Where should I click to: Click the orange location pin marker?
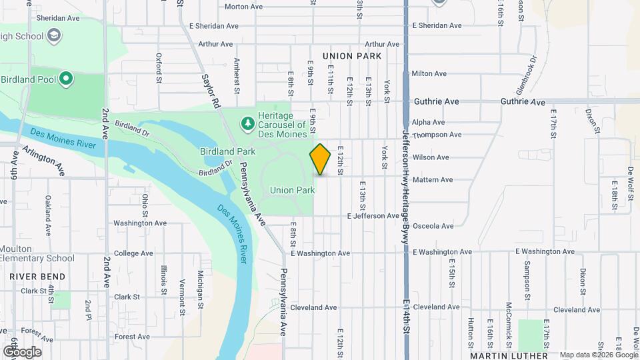click(x=320, y=159)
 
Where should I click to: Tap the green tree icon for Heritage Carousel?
click(x=247, y=123)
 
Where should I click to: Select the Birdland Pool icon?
click(x=65, y=79)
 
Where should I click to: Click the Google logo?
click(x=21, y=351)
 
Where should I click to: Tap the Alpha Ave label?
click(x=428, y=123)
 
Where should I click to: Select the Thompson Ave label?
click(x=437, y=135)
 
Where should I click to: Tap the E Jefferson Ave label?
click(x=373, y=216)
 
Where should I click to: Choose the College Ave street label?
click(x=134, y=253)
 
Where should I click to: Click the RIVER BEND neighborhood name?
click(x=38, y=277)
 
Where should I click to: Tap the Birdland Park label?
click(x=227, y=152)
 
